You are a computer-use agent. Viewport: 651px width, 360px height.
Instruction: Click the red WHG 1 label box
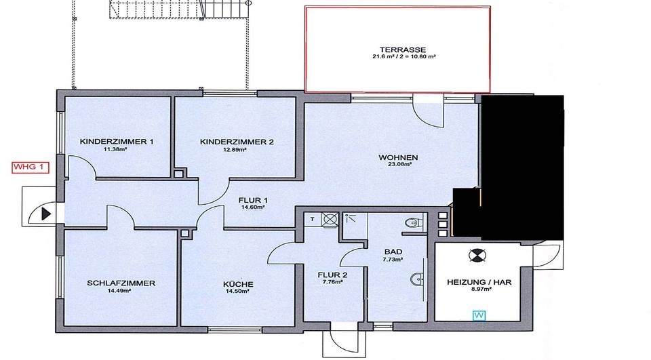click(31, 168)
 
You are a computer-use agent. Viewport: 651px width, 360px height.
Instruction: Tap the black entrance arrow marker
click(46, 214)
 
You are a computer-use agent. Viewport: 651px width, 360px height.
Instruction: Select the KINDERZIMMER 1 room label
click(117, 142)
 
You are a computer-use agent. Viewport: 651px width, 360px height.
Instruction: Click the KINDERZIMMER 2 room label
click(237, 142)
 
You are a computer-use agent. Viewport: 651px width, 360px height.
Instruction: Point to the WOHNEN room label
click(398, 158)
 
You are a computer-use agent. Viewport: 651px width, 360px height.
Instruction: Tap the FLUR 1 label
click(252, 201)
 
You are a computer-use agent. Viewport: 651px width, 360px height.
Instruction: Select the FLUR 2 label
click(333, 275)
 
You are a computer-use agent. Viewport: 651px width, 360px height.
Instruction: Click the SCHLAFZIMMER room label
click(121, 283)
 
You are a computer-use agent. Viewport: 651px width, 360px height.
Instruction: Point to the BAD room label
click(393, 251)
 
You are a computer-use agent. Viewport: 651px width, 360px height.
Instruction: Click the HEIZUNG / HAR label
click(479, 281)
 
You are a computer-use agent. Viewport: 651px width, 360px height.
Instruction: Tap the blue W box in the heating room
click(479, 315)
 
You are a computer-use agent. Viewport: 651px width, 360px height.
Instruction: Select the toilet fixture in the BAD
click(414, 222)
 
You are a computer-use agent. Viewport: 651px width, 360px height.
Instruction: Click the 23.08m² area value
click(398, 165)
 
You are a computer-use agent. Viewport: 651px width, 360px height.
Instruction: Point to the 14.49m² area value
click(121, 291)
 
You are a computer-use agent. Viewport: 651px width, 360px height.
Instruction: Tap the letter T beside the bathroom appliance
click(313, 218)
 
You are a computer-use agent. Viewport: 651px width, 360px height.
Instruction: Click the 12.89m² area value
click(237, 150)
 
